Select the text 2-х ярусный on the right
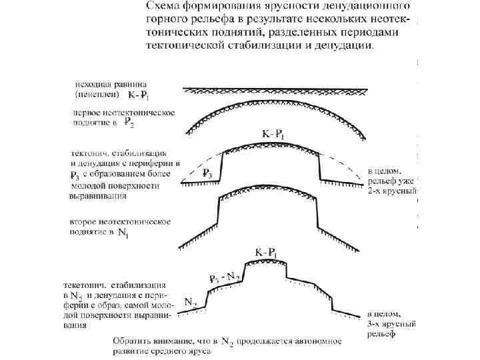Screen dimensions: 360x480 pyautogui.click(x=393, y=190)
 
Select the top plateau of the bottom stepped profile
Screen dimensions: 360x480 pyautogui.click(x=265, y=263)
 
